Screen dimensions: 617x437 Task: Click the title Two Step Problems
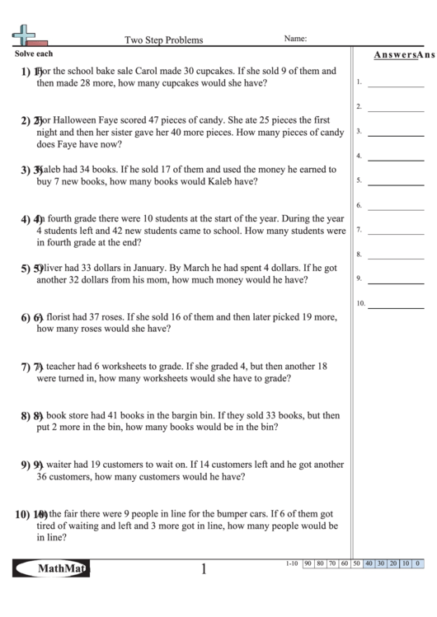[163, 39]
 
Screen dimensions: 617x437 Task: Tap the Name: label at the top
[296, 38]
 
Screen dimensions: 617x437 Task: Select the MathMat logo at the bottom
[51, 568]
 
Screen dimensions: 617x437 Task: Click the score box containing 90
[308, 563]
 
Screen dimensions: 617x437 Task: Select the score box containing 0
[418, 563]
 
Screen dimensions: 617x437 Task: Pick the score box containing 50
[357, 563]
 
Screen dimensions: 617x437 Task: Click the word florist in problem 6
[64, 316]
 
